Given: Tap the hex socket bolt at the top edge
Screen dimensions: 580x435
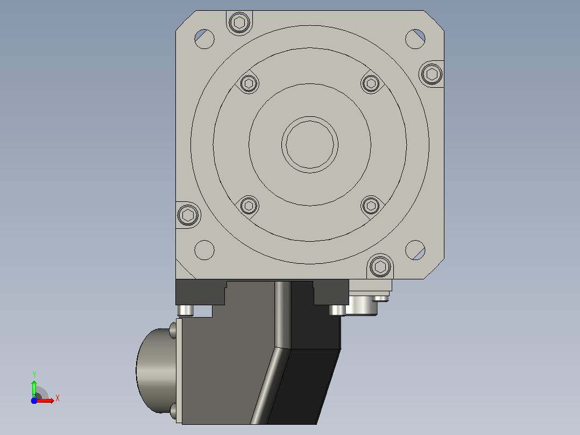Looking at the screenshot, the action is point(239,23).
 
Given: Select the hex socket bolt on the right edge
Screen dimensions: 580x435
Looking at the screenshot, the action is point(432,74).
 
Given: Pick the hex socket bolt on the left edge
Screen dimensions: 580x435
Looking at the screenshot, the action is point(188,215).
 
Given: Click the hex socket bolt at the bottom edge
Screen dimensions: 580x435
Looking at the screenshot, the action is point(380,266).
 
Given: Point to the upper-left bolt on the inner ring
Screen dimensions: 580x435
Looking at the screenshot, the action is point(249,83).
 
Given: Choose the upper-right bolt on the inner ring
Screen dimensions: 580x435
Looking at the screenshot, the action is point(371,83).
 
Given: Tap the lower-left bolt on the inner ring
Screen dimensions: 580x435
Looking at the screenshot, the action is point(249,206).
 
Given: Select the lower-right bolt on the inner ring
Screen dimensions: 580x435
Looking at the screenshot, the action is point(371,206).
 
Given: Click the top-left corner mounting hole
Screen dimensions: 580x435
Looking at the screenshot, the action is point(204,39).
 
